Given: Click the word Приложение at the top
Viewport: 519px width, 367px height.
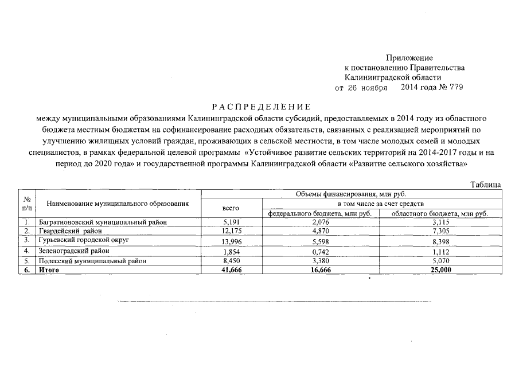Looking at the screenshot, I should (x=409, y=58).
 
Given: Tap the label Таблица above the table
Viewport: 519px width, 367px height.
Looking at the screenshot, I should (x=486, y=184).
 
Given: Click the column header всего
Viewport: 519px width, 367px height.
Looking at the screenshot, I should (x=231, y=208).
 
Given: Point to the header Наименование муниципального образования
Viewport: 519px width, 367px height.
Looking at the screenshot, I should (x=118, y=203).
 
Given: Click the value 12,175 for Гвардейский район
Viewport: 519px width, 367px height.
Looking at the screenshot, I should (x=231, y=231).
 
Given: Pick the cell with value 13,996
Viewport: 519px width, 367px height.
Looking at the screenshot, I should (x=231, y=241).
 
